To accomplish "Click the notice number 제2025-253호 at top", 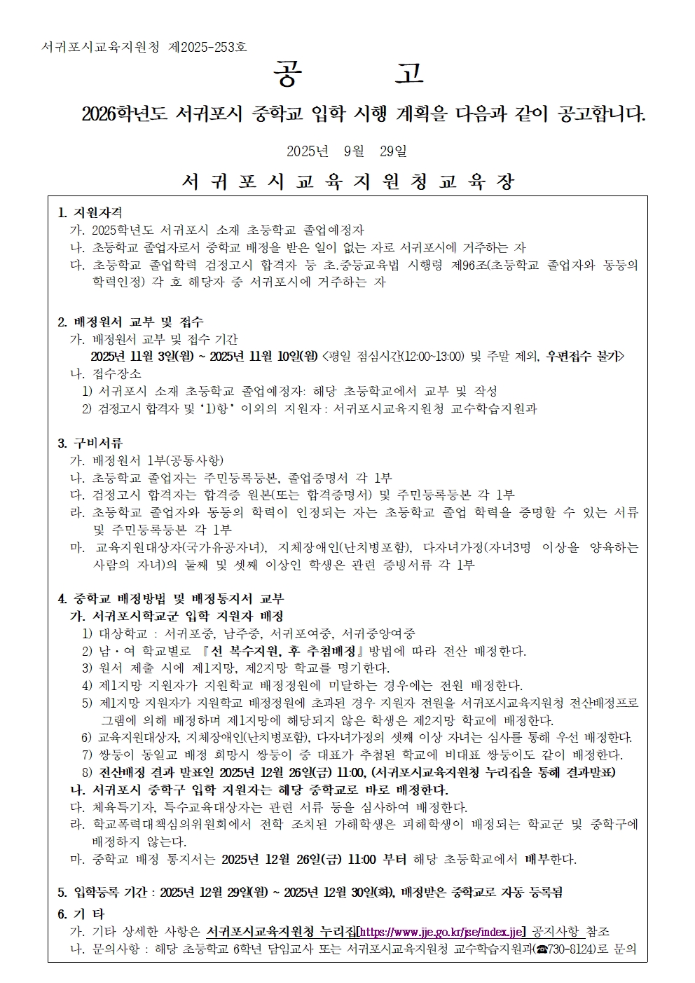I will point(208,47).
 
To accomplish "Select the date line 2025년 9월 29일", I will point(347,151).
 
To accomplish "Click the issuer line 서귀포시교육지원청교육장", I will point(347,182).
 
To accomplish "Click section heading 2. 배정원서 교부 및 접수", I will point(130,322).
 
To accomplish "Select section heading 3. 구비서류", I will point(90,443).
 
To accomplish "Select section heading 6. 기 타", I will point(81,914).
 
